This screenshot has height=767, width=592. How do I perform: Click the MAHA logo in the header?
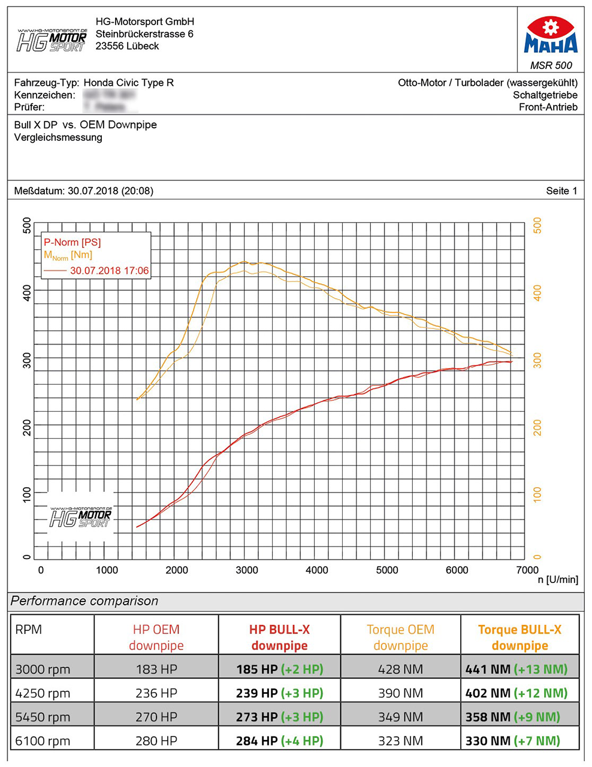[x=550, y=36]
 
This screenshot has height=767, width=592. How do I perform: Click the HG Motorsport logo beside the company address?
[x=52, y=40]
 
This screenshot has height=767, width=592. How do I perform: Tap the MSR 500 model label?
[x=551, y=65]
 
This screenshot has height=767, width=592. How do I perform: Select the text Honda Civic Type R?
[x=129, y=83]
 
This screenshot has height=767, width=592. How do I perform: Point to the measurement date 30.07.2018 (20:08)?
[x=110, y=191]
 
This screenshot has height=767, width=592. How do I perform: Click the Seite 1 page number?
[x=561, y=191]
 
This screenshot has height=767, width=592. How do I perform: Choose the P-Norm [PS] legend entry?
[x=72, y=242]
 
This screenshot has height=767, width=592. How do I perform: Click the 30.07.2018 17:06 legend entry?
[x=109, y=271]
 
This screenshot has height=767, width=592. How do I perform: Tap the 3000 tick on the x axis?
[x=246, y=570]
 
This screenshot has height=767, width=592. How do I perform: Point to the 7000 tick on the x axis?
[x=527, y=570]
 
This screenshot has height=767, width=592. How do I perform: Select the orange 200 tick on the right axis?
[x=537, y=428]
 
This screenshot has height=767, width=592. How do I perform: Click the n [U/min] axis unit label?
[x=558, y=580]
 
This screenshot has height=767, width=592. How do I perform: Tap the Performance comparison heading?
[x=84, y=601]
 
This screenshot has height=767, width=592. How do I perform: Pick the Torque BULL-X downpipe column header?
[x=519, y=638]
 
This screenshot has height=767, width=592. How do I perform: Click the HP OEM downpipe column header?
[x=156, y=638]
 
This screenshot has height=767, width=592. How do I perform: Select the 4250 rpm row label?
[x=43, y=693]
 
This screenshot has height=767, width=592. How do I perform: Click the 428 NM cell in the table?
[x=400, y=669]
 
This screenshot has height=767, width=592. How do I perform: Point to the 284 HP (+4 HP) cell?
[x=279, y=741]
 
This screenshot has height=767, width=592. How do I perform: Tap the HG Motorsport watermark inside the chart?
[x=81, y=517]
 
